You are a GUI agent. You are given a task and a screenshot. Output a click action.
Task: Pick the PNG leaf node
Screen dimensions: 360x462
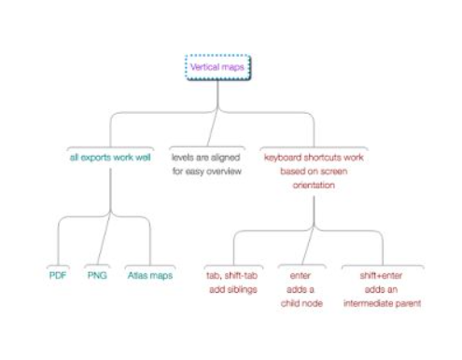pyautogui.click(x=97, y=276)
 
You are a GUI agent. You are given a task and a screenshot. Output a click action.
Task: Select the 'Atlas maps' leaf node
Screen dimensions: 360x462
pyautogui.click(x=149, y=276)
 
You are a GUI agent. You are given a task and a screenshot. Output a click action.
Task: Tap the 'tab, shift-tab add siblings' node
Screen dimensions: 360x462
pyautogui.click(x=235, y=283)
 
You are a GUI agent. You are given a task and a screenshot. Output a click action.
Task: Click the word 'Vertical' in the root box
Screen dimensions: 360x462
pyautogui.click(x=205, y=68)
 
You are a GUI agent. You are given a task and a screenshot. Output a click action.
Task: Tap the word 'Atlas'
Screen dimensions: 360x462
pyautogui.click(x=139, y=276)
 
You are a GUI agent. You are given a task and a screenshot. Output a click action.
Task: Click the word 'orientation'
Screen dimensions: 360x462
pyautogui.click(x=313, y=185)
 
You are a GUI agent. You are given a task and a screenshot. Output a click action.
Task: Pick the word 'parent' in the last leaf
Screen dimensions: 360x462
pyautogui.click(x=409, y=303)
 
